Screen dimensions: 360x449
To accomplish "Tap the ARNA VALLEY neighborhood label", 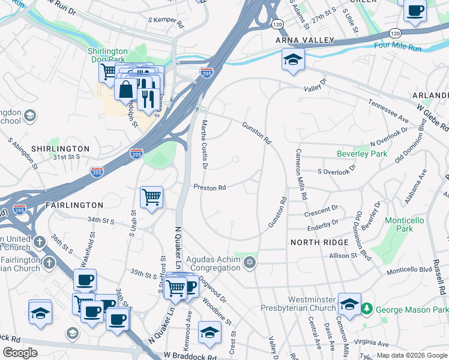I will coord(304,40).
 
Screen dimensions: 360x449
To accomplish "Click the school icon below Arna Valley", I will coord(293,59).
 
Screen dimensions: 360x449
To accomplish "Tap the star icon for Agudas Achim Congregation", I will coord(250,262).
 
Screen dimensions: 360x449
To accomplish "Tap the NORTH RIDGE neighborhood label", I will coord(319,242).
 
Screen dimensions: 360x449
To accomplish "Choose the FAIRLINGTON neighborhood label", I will coord(74,205).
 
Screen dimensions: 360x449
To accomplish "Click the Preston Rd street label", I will coord(209,188).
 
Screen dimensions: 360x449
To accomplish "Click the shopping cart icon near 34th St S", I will coord(152,196).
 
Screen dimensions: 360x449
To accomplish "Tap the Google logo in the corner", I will coord(20,352).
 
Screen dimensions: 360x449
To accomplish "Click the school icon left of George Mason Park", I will coord(349,304).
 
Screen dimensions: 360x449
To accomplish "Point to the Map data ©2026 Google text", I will coord(411,355).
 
